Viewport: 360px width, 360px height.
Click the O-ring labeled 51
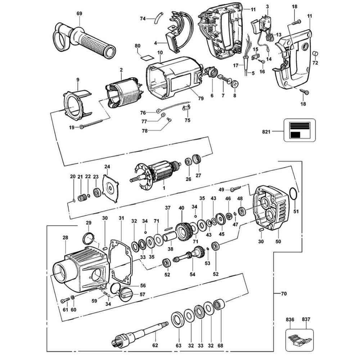click(294, 195)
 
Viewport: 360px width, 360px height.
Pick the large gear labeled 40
click(183, 230)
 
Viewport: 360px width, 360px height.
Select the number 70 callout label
click(284, 294)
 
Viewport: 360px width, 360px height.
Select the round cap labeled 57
click(126, 295)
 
